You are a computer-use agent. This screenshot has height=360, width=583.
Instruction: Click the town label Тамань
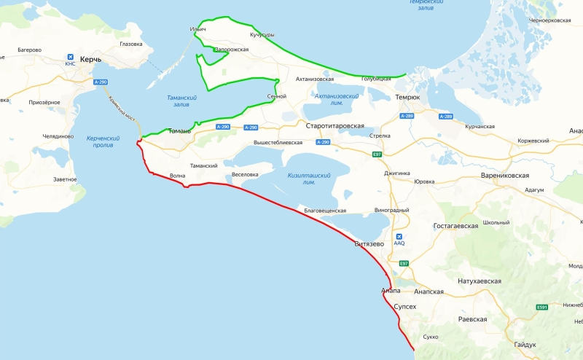pyautogui.click(x=179, y=131)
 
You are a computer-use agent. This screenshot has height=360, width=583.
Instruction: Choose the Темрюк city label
pyautogui.click(x=407, y=97)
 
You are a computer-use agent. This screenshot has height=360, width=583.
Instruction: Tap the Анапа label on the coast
pyautogui.click(x=391, y=291)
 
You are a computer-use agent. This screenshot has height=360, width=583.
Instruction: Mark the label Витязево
pyautogui.click(x=369, y=243)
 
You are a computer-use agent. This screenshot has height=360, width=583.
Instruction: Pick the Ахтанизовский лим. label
pyautogui.click(x=336, y=99)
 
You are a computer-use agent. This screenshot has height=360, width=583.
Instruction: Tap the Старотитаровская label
pyautogui.click(x=335, y=126)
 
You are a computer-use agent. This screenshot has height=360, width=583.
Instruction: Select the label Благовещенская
pyautogui.click(x=325, y=210)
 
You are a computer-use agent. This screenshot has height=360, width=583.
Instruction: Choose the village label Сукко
pyautogui.click(x=430, y=337)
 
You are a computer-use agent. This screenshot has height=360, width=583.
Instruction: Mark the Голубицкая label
pyautogui.click(x=382, y=79)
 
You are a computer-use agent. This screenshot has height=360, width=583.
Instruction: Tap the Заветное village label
pyautogui.click(x=65, y=179)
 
